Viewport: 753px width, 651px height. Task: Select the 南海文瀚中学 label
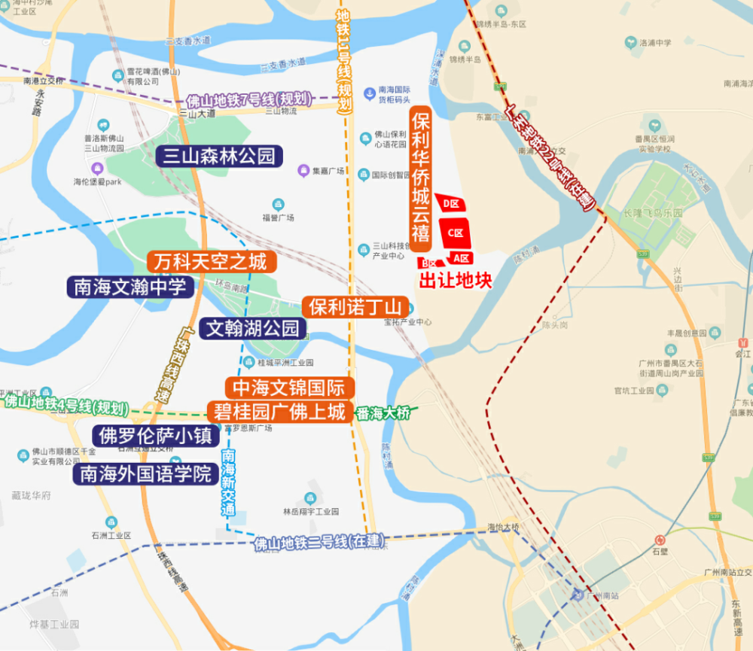(130, 287)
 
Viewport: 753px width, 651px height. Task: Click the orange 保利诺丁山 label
(356, 307)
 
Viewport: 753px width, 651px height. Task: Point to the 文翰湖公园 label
(253, 328)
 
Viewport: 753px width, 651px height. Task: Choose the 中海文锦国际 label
(289, 388)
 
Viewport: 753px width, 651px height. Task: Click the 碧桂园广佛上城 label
(279, 412)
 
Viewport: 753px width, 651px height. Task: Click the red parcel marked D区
(452, 203)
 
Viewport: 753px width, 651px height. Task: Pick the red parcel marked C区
(456, 233)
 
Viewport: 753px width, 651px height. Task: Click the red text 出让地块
(455, 281)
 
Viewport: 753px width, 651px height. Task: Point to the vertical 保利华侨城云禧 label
(420, 179)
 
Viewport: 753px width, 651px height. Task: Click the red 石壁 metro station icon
(660, 540)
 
